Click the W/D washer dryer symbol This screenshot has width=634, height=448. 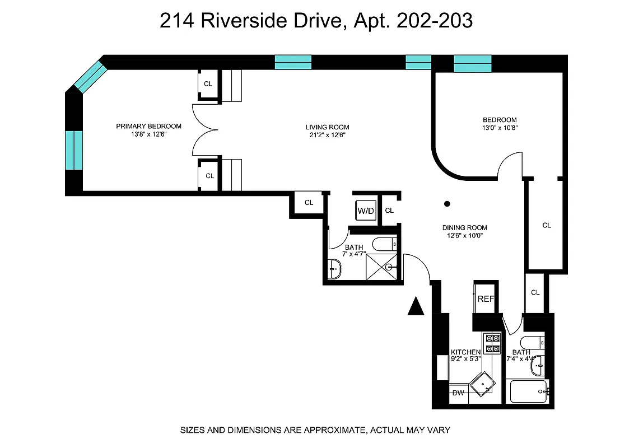[x=365, y=211]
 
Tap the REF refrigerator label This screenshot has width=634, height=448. [x=486, y=299]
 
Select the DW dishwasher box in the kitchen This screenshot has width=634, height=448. [x=458, y=393]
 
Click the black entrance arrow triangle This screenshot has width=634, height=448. [x=415, y=306]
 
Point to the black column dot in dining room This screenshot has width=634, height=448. [x=447, y=204]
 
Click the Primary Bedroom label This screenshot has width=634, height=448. [x=148, y=126]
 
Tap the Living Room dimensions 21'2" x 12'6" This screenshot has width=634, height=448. [x=327, y=135]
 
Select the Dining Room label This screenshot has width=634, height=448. [x=464, y=227]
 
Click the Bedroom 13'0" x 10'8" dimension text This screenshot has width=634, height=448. [x=500, y=128]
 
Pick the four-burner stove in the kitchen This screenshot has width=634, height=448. [x=492, y=343]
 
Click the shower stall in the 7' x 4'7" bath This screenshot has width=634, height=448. [x=381, y=265]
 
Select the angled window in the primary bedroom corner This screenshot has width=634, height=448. [x=90, y=77]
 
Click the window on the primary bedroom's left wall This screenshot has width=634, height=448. [x=74, y=150]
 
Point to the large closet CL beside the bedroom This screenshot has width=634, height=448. [x=546, y=225]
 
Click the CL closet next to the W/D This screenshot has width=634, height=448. [x=390, y=211]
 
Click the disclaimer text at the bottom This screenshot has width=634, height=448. [x=315, y=430]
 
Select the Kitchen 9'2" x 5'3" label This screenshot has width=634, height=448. [x=465, y=356]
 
